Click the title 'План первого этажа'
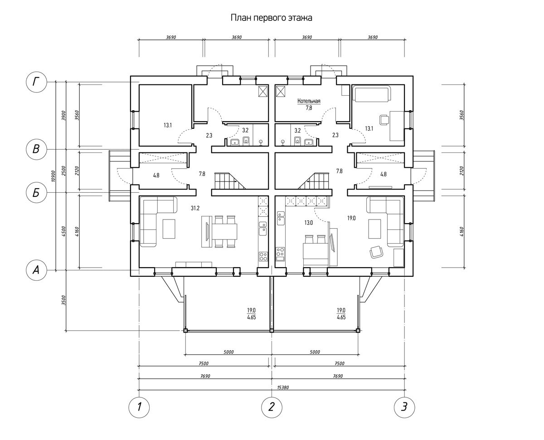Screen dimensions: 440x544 272,18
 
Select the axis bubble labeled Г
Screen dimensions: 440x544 35,82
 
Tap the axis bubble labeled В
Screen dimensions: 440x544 35,149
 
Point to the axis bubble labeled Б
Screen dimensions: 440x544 35,193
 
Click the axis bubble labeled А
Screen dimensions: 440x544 35,270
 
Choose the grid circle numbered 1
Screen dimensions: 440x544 140,406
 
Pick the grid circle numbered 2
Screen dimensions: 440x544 272,406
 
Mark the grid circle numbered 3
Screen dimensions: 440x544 404,406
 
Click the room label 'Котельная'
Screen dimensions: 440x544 309,101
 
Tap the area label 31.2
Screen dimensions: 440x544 195,208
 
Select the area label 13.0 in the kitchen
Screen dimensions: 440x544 308,222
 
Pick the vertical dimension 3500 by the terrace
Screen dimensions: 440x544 64,300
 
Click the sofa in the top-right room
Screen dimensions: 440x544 371,94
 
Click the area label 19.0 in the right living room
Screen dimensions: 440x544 351,218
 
